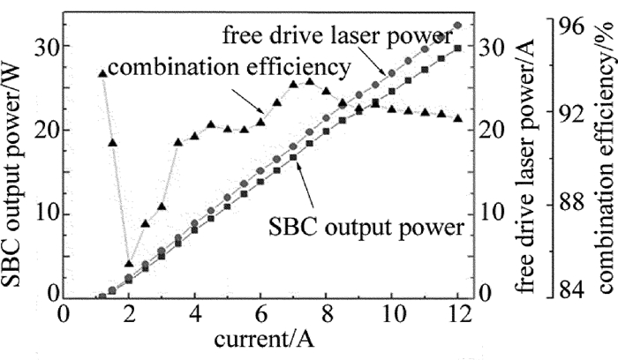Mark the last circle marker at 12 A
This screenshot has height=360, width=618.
(x=457, y=26)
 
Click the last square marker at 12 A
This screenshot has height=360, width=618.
(x=457, y=48)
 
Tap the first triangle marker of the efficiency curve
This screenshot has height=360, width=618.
(x=102, y=73)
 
